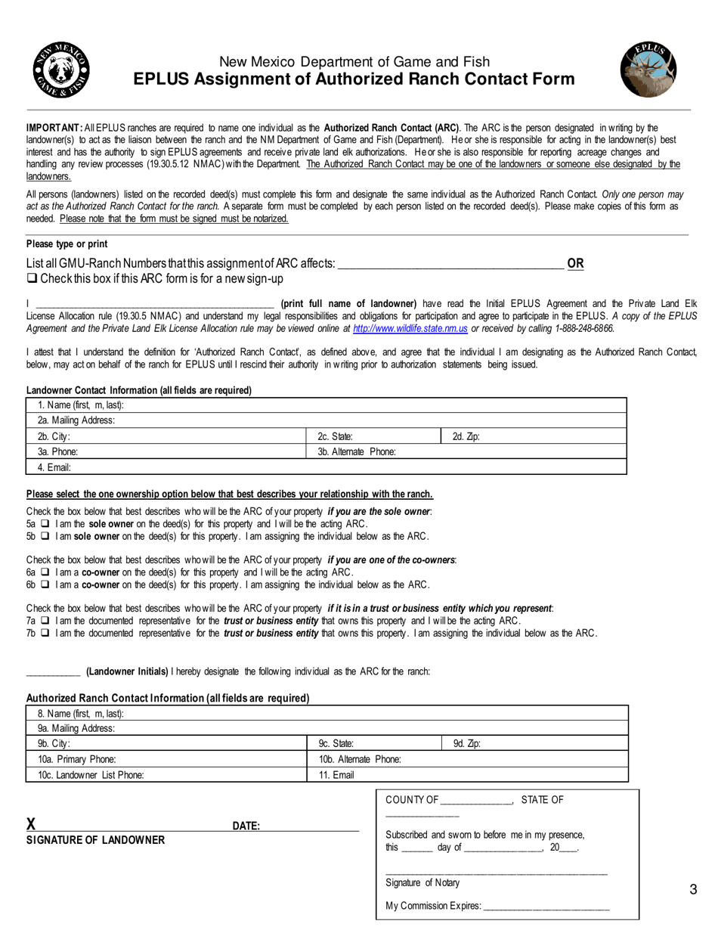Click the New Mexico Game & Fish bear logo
coord(61,70)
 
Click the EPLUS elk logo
coord(648,70)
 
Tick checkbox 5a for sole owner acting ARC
coord(45,524)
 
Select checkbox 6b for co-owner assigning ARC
coord(45,584)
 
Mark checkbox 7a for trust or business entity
coord(45,621)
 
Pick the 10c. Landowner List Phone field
coord(167,775)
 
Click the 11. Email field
coord(469,775)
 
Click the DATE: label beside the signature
coord(246,826)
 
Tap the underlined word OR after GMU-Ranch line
coord(575,264)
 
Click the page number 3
coord(693,889)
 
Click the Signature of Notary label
coord(422,883)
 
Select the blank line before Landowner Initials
coord(53,671)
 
